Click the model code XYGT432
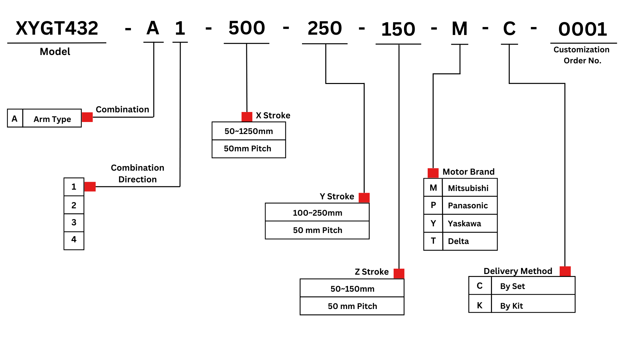[x=57, y=28]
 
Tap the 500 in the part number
[x=247, y=28]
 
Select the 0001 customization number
[x=583, y=29]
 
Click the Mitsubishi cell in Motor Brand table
[x=468, y=188]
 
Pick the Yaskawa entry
[x=464, y=223]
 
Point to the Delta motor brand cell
[x=458, y=241]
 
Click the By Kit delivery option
[x=511, y=306]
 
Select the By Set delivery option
[x=512, y=286]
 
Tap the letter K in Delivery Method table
[x=480, y=305]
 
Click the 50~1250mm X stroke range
[x=249, y=131]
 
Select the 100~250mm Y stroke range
[x=317, y=213]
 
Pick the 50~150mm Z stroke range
[x=352, y=289]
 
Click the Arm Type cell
[x=52, y=119]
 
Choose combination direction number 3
[x=74, y=222]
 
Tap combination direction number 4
[x=74, y=239]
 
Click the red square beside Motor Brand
[x=433, y=173]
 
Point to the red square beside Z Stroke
[x=399, y=273]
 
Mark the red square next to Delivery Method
[x=565, y=271]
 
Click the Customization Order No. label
[x=582, y=55]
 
